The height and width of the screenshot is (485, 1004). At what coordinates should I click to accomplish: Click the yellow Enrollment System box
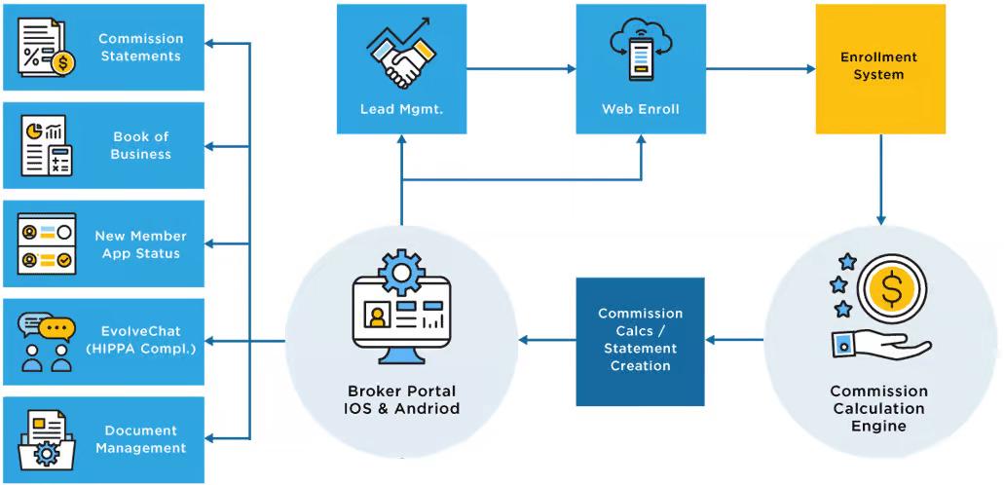pos(879,68)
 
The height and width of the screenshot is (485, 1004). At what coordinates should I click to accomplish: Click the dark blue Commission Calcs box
pos(640,341)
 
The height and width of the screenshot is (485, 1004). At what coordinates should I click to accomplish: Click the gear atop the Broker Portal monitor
pos(401,271)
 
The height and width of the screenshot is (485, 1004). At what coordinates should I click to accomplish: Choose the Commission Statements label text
pos(140,48)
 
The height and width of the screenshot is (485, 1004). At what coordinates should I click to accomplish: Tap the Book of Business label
pos(140,145)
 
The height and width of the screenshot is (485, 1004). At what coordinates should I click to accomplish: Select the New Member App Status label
pos(140,244)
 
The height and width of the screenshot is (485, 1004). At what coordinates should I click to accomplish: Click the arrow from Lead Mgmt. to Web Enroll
pos(522,69)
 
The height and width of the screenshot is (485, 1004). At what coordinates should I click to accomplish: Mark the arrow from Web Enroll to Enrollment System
pos(761,69)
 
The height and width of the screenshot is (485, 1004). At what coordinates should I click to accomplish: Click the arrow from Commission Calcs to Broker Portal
pos(546,340)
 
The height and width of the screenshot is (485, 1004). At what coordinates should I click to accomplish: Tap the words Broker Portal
pos(401,391)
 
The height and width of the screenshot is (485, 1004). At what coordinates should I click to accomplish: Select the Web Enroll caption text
pos(640,109)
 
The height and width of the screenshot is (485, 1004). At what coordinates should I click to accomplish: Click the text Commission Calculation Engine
pos(878,408)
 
